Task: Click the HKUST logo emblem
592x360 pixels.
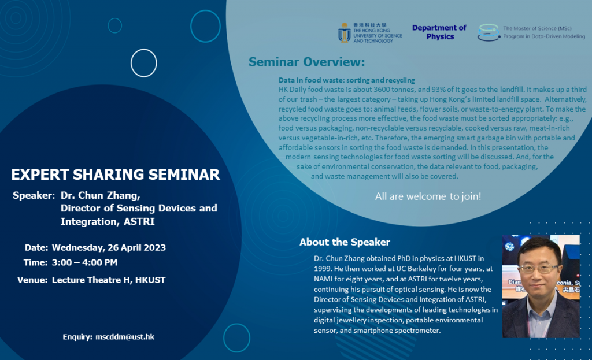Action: coord(345,33)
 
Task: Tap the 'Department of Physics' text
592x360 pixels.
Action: coord(439,32)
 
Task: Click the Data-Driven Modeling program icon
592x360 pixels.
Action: coord(489,32)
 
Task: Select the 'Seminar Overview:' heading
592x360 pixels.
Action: coord(306,62)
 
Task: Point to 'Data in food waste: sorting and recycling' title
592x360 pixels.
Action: coord(347,80)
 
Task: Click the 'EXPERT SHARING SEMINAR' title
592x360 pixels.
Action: coord(116,175)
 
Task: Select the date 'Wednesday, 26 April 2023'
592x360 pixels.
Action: coord(109,248)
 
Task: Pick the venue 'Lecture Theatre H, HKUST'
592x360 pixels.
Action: coord(109,280)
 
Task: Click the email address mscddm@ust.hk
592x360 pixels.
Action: coord(125,336)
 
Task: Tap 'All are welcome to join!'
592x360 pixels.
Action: coord(428,196)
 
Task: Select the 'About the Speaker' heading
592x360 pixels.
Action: coord(345,242)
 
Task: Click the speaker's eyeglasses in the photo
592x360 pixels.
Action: coord(538,269)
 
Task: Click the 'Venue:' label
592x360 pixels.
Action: coord(32,280)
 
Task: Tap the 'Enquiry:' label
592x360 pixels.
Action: coord(77,336)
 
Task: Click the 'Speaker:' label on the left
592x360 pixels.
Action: coord(34,195)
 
